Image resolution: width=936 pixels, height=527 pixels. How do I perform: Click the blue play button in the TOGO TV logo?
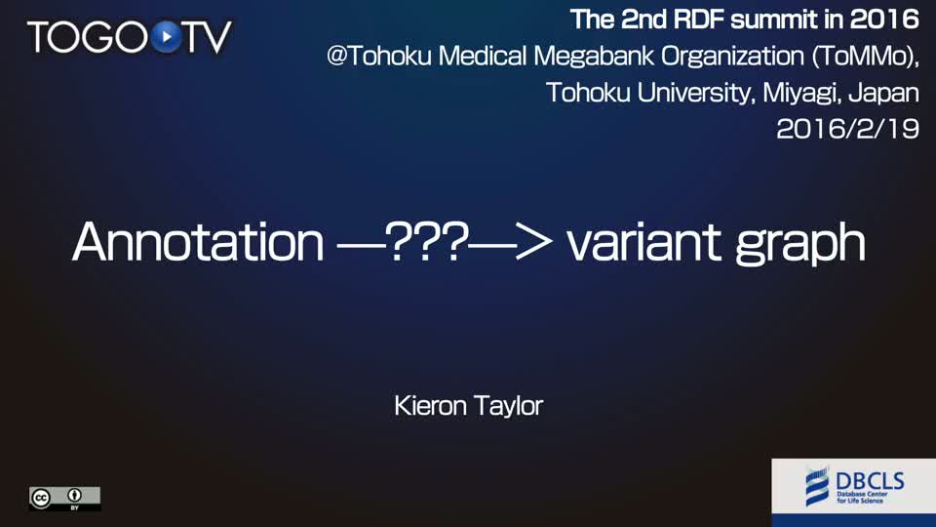pyautogui.click(x=167, y=37)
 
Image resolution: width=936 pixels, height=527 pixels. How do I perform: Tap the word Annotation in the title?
pyautogui.click(x=198, y=242)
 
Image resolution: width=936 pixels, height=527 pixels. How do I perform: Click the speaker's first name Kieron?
pyautogui.click(x=430, y=406)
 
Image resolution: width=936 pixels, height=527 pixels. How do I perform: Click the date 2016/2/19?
pyautogui.click(x=847, y=129)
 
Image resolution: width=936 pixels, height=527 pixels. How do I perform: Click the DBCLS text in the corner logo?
pyautogui.click(x=870, y=481)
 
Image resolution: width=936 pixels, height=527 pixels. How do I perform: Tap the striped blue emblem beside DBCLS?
pyautogui.click(x=817, y=486)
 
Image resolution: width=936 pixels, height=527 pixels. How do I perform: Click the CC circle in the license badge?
pyautogui.click(x=41, y=499)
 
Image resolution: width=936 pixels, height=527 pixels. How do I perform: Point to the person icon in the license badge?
pyautogui.click(x=75, y=496)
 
